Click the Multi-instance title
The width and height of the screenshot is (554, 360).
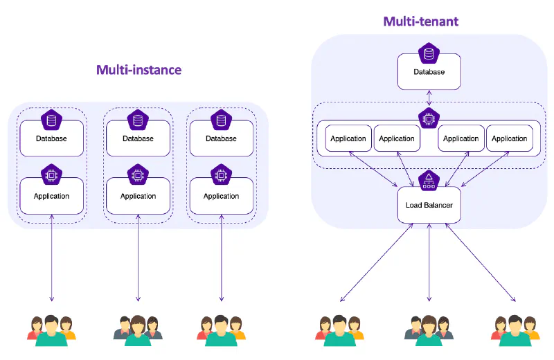click(138, 70)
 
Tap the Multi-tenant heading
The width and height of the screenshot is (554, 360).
click(420, 21)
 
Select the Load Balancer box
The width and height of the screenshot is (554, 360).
click(429, 205)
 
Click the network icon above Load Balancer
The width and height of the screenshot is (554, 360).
click(429, 180)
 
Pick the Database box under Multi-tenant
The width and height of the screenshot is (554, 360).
click(429, 72)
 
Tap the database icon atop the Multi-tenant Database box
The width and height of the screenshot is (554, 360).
click(429, 53)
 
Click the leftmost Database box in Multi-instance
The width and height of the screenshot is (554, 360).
click(52, 138)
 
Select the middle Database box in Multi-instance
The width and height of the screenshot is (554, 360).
click(138, 138)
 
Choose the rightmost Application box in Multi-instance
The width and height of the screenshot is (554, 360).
click(222, 196)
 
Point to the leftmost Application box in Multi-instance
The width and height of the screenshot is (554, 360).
click(52, 196)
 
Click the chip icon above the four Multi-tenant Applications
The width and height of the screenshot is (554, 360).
click(429, 119)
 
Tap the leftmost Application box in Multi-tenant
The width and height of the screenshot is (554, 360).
click(348, 138)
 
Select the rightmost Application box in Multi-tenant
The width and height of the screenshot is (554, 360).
click(510, 138)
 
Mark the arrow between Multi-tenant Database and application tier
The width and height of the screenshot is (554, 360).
click(429, 98)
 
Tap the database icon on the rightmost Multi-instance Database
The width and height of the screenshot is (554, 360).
click(222, 120)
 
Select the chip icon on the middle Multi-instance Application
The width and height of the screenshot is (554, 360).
click(138, 176)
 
